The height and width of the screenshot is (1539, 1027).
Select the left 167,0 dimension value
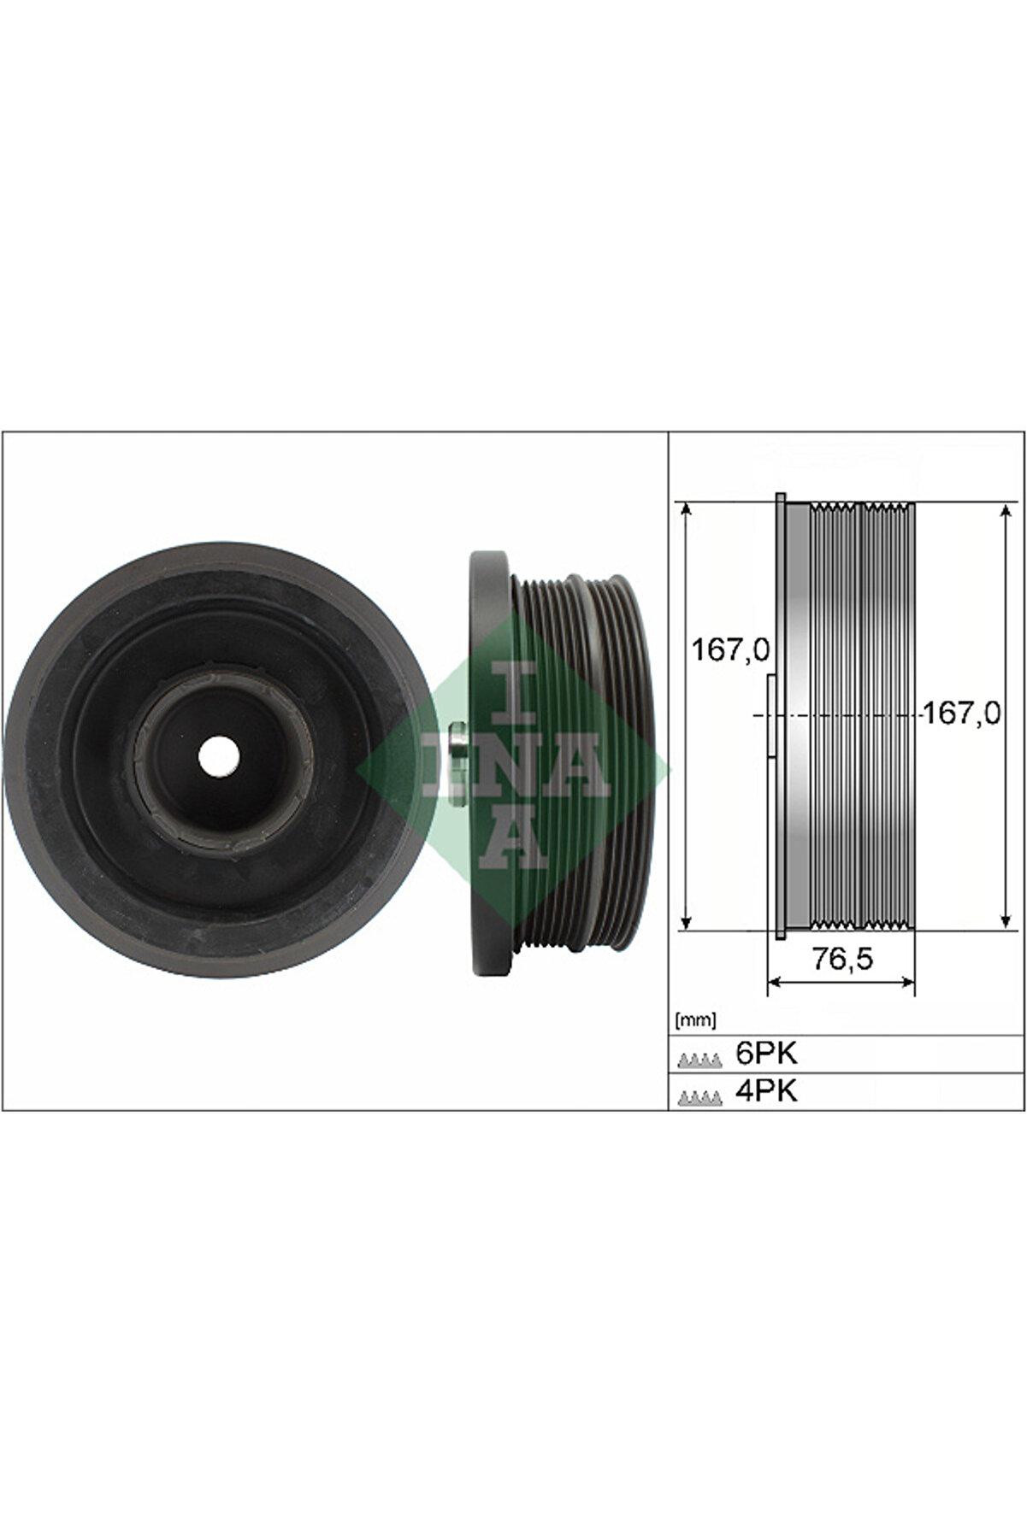730,650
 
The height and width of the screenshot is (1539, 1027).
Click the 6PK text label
766,1054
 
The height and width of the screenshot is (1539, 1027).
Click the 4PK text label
766,1091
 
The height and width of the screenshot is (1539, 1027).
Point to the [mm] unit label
695,1019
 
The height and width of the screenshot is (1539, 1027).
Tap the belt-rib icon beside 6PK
699,1060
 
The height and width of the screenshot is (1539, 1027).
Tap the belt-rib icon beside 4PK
699,1098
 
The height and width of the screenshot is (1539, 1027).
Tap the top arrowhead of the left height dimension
685,509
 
